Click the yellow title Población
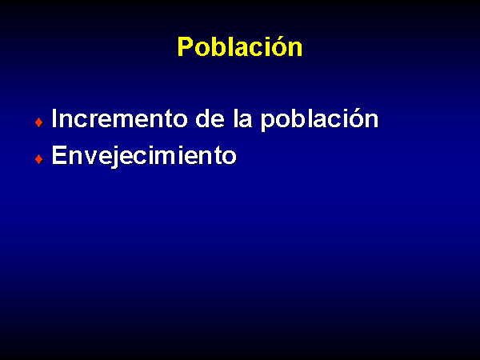pyautogui.click(x=240, y=47)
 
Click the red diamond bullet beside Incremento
pyautogui.click(x=39, y=122)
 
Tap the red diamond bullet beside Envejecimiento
pyautogui.click(x=39, y=159)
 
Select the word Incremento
pyautogui.click(x=120, y=118)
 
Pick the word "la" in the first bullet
pyautogui.click(x=242, y=118)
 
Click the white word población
pyautogui.click(x=319, y=120)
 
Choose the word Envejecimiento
pyautogui.click(x=144, y=157)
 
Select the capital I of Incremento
pyautogui.click(x=54, y=118)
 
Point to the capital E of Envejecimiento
pyautogui.click(x=59, y=155)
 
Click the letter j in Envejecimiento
pyautogui.click(x=117, y=157)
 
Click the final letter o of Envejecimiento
pyautogui.click(x=229, y=158)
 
